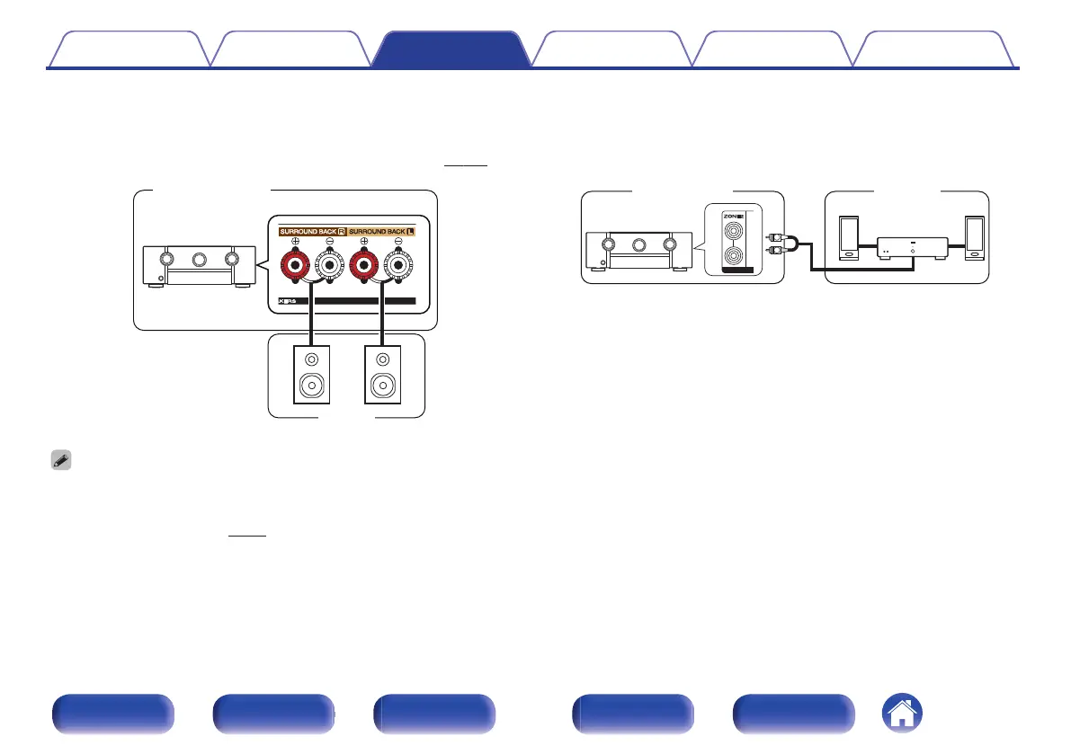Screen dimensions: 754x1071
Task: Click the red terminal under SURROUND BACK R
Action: pos(296,267)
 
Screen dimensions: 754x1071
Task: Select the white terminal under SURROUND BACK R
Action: pos(329,267)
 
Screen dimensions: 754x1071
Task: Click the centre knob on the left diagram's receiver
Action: pos(196,260)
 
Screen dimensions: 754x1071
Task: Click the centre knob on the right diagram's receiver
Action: pos(639,244)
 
